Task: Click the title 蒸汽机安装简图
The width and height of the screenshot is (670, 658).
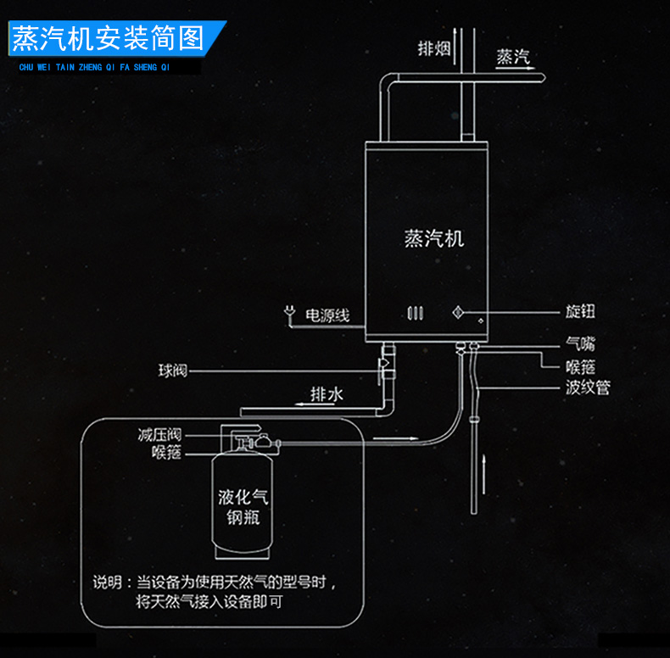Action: coord(108,38)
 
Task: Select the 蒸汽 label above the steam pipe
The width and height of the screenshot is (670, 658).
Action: coord(513,58)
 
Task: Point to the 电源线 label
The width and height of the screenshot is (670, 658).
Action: coord(327,315)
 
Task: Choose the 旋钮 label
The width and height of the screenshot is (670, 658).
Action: coord(580,312)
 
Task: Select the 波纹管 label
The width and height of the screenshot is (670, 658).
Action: coord(587,388)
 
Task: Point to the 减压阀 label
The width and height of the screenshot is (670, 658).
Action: coord(159,435)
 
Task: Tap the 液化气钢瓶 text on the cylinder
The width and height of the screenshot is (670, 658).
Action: coord(243,507)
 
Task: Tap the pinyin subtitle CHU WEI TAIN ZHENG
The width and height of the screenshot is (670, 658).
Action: coord(94,64)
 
